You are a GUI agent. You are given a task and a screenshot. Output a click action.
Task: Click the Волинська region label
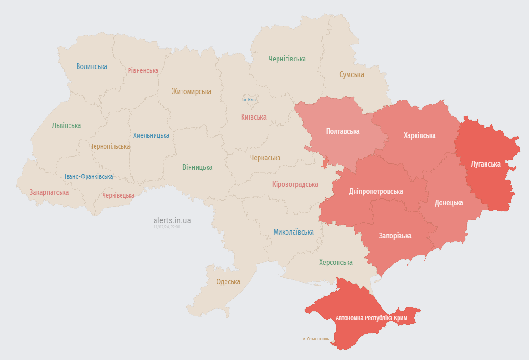[92, 67]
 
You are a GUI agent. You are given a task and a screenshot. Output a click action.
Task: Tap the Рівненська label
[143, 70]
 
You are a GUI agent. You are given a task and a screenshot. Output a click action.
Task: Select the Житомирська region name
[191, 91]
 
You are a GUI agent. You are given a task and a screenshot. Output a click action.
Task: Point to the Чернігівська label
[287, 59]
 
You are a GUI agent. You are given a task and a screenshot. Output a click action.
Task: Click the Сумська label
[352, 75]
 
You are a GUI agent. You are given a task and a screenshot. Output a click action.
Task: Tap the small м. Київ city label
[250, 100]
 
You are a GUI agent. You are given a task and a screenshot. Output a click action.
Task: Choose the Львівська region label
[67, 126]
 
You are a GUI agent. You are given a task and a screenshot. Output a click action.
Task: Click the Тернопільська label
[110, 146]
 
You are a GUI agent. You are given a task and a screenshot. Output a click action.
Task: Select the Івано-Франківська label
[89, 176]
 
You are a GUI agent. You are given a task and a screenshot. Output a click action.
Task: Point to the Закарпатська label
[49, 193]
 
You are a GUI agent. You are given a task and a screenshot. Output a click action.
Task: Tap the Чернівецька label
[118, 195]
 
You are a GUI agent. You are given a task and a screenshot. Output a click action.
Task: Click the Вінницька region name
[197, 167]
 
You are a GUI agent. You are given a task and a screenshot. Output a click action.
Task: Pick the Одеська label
[228, 282]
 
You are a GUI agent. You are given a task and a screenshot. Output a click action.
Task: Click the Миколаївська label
[294, 232]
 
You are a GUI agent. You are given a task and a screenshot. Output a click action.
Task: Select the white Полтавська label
[343, 131]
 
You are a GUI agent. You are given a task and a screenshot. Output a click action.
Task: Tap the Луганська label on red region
[486, 164]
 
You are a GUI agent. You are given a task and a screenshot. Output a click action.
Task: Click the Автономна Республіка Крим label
[371, 318]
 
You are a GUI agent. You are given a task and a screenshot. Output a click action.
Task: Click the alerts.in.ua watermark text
[172, 220]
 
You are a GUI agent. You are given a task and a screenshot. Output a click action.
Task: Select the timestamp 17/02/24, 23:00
[166, 227]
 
